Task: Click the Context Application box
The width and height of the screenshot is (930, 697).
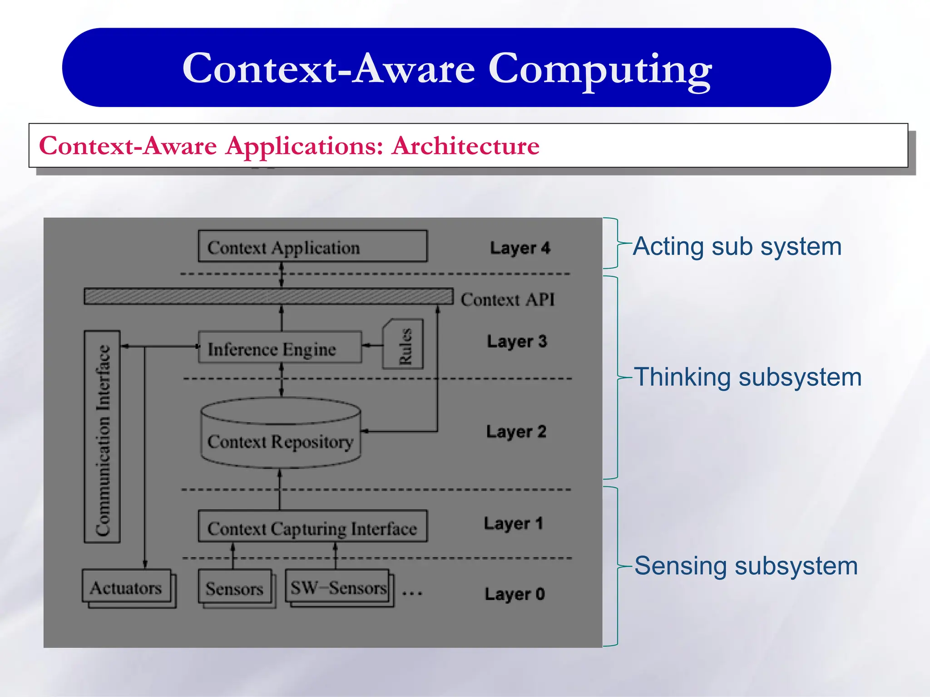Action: tap(312, 246)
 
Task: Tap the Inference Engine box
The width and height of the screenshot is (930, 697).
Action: tap(280, 348)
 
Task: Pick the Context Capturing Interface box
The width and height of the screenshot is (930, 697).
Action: tap(312, 527)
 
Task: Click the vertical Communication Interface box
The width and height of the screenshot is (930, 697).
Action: tap(102, 437)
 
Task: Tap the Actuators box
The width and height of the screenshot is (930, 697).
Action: tap(126, 587)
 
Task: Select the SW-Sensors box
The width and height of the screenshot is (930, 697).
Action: tap(338, 587)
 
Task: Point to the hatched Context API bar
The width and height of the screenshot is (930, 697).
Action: tap(268, 296)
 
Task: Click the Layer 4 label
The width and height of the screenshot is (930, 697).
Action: tap(520, 248)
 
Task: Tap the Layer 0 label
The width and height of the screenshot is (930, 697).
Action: tap(514, 594)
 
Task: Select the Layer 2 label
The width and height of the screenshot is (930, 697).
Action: tap(516, 432)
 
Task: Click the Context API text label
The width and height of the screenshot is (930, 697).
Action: tap(508, 299)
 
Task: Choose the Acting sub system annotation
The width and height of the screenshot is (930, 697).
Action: tap(737, 247)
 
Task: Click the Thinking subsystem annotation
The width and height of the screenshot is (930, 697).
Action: tap(747, 377)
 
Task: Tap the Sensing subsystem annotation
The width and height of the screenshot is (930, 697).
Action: tap(746, 566)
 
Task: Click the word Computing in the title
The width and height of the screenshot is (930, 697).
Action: tap(599, 69)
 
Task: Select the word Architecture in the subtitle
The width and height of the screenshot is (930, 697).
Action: tap(465, 146)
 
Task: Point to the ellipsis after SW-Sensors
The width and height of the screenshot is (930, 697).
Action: tap(412, 593)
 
